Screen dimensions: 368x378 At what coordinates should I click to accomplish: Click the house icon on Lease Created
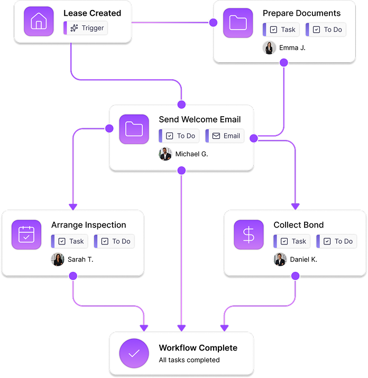click(39, 21)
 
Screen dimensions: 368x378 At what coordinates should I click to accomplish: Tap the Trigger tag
click(86, 28)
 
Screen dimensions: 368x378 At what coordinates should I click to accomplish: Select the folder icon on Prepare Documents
click(238, 23)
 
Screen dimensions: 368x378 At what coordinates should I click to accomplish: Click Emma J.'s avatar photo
click(269, 48)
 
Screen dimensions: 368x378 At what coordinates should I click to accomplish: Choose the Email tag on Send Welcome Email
click(225, 136)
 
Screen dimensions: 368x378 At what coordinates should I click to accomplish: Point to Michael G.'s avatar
click(165, 154)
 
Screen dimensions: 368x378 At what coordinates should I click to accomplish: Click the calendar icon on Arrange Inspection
click(26, 234)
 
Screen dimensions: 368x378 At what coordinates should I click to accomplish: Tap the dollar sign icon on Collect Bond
click(249, 234)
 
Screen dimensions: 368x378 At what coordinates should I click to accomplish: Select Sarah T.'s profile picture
click(58, 259)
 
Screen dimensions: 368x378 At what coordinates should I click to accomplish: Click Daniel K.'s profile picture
click(280, 259)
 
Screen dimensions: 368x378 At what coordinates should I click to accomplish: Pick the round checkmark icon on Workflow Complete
click(134, 353)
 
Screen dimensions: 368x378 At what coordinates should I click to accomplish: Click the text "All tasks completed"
click(189, 360)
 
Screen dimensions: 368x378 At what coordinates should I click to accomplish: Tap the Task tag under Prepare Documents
click(281, 30)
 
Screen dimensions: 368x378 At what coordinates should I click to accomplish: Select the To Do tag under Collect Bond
click(337, 241)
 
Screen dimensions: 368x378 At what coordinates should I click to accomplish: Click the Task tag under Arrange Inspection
click(70, 241)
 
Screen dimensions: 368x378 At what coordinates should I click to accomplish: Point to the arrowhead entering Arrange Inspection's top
click(73, 207)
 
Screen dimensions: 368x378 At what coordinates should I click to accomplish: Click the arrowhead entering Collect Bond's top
click(296, 206)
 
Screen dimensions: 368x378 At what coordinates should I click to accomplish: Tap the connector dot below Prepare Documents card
click(284, 63)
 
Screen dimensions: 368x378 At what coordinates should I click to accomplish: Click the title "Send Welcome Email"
click(200, 119)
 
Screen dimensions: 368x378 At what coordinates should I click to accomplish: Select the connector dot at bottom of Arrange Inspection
click(73, 276)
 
